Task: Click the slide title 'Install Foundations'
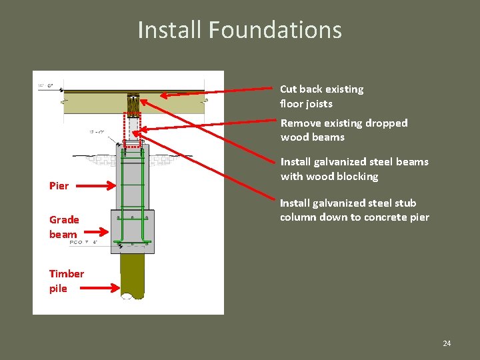pos(239,30)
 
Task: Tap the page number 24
pos(447,343)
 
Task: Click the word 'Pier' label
pos(59,186)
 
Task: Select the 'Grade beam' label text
pos(64,227)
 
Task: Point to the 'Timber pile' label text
pos(66,281)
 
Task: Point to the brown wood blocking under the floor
pos(134,104)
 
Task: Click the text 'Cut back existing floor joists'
pos(321,96)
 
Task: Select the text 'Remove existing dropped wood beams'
pos(343,130)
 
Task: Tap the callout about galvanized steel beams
pos(354,169)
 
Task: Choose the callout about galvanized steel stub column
pos(354,210)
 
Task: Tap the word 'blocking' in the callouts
pos(357,177)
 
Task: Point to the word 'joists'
pos(319,104)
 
